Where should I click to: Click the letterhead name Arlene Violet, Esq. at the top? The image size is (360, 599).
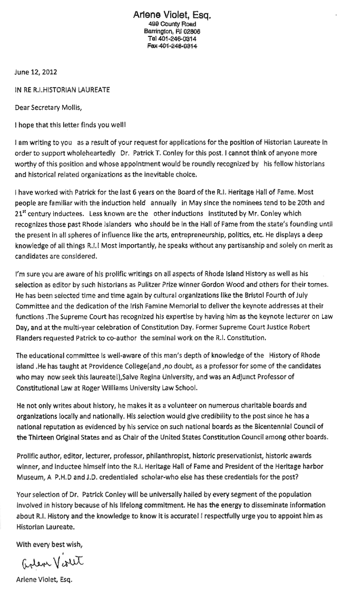172,16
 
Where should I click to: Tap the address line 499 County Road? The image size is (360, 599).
172,25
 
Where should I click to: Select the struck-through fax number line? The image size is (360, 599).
172,46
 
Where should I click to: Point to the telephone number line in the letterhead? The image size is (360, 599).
172,39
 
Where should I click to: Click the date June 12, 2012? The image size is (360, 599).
36,72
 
